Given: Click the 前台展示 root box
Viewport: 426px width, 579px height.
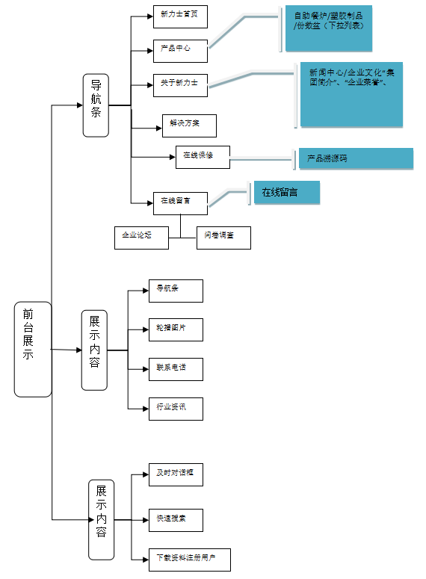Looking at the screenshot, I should pyautogui.click(x=33, y=349).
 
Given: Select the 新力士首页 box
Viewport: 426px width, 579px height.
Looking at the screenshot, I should pyautogui.click(x=179, y=16).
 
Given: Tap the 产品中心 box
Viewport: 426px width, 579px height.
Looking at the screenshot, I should pyautogui.click(x=179, y=51).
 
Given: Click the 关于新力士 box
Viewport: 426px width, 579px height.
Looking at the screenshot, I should pyautogui.click(x=179, y=86).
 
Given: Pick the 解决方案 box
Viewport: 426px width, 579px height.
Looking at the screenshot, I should pyautogui.click(x=188, y=126).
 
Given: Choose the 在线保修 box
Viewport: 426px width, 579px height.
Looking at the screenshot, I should pyautogui.click(x=203, y=157).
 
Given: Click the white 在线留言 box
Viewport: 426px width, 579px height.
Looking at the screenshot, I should pyautogui.click(x=179, y=202).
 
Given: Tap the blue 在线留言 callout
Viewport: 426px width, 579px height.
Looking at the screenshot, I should pyautogui.click(x=286, y=193).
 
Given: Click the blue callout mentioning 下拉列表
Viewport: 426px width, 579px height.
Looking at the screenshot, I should pyautogui.click(x=339, y=29).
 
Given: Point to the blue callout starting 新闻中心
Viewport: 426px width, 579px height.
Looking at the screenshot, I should pyautogui.click(x=351, y=94).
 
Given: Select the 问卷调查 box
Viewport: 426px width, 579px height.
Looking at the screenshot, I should pyautogui.click(x=223, y=238).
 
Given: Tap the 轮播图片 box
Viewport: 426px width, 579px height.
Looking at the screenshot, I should pyautogui.click(x=175, y=329).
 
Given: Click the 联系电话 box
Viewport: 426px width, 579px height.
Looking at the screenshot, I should pyautogui.click(x=175, y=368).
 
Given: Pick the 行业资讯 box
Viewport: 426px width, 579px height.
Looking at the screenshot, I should pyautogui.click(x=175, y=408).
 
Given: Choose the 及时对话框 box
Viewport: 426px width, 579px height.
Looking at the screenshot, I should pyautogui.click(x=175, y=474).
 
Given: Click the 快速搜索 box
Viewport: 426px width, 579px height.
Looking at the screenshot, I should pyautogui.click(x=175, y=519).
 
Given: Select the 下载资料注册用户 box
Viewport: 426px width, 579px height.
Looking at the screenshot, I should pyautogui.click(x=189, y=560).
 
